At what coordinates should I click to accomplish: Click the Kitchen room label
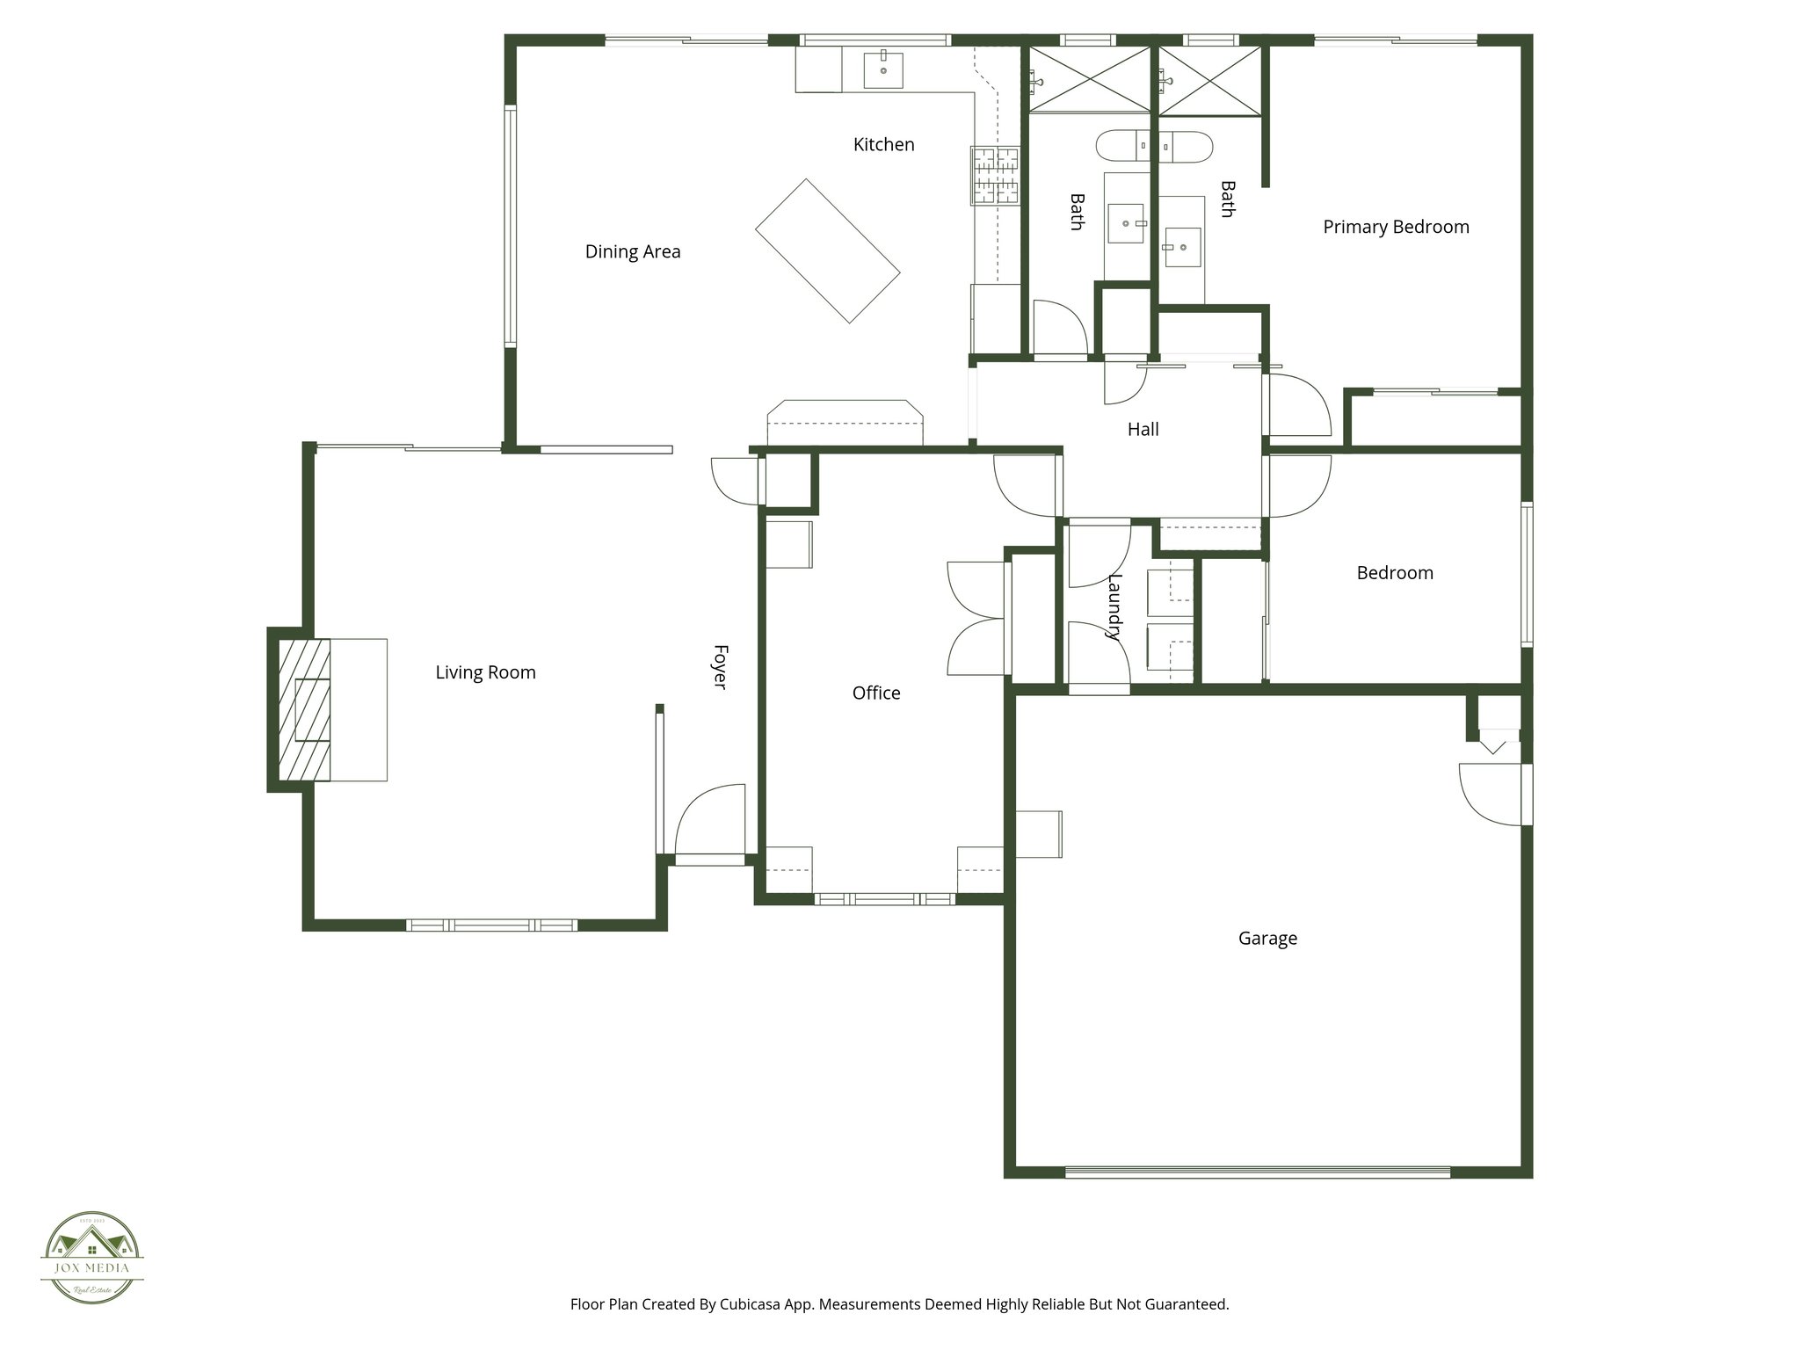coord(883,145)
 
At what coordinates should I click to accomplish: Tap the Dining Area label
coord(633,252)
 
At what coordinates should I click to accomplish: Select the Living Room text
coord(485,673)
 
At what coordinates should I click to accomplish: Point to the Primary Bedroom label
coord(1396,228)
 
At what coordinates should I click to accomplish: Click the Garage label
coord(1267,939)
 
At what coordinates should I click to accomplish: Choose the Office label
coord(876,693)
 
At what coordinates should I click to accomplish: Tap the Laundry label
coord(1114,606)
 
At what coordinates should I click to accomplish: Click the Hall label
coord(1143,430)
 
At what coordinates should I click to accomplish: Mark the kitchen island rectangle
coord(827,251)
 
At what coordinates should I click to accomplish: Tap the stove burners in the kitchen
coord(995,176)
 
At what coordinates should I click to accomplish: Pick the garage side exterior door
coord(1494,794)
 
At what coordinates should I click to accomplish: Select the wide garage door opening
coord(1257,1172)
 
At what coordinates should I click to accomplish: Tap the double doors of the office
coord(976,618)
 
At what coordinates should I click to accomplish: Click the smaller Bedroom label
coord(1395,574)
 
